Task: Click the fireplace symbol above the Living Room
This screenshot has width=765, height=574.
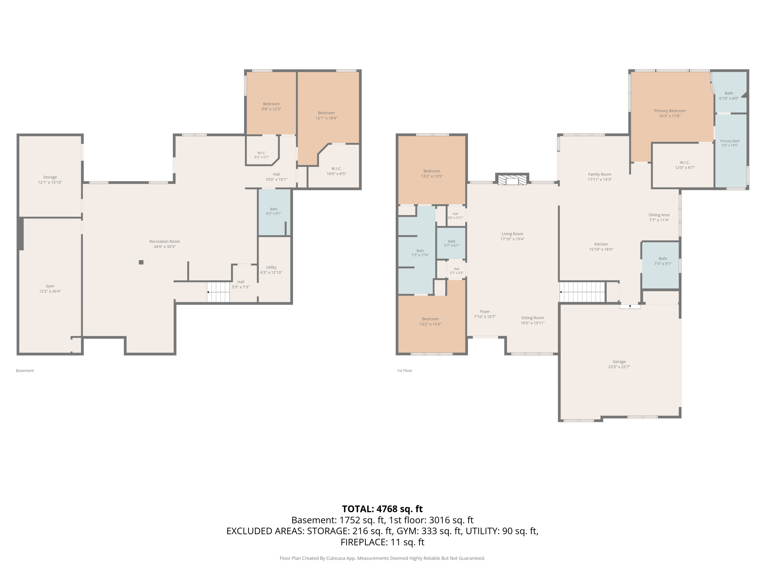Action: tap(512, 180)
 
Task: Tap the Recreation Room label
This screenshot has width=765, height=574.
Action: tap(165, 242)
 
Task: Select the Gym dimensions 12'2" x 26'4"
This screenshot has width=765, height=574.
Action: tap(50, 291)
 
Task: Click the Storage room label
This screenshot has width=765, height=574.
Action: tap(50, 177)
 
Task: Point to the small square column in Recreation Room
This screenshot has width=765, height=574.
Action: tap(141, 262)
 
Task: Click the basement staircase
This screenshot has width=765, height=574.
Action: tap(218, 292)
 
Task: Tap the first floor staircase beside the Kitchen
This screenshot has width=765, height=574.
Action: tap(583, 292)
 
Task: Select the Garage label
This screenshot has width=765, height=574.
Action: tap(619, 361)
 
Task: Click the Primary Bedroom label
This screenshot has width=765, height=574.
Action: tap(670, 111)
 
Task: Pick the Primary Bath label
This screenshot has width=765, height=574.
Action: tap(730, 141)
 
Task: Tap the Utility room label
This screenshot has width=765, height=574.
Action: tap(271, 267)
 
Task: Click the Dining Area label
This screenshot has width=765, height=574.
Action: tap(659, 215)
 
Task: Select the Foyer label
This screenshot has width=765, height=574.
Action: tap(485, 312)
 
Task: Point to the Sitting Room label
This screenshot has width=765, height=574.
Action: tap(533, 318)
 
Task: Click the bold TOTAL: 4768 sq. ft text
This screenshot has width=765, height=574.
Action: tap(382, 509)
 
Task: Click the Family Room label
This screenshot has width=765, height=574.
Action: tap(600, 174)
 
